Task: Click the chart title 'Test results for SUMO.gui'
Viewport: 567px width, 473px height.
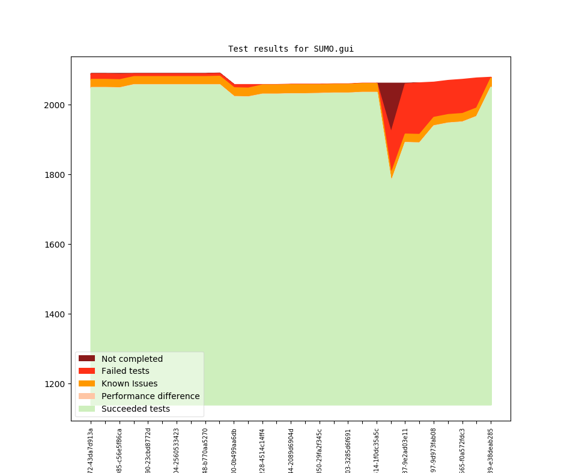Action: (x=291, y=49)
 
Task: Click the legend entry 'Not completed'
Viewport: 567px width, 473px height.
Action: (x=132, y=359)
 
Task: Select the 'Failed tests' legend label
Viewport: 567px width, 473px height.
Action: (x=125, y=371)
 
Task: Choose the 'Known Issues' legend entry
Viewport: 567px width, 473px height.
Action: (x=129, y=384)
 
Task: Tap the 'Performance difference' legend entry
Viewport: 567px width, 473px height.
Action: (x=150, y=397)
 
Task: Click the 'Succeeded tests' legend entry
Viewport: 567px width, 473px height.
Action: (x=135, y=409)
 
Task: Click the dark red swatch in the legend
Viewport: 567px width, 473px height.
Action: (x=86, y=359)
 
